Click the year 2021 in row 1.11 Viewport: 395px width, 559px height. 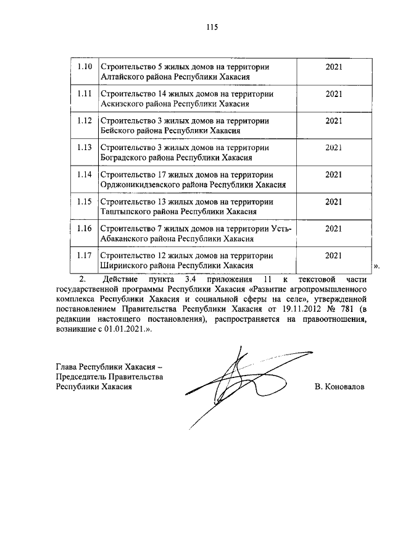coord(333,93)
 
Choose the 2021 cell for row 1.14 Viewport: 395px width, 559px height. coord(333,174)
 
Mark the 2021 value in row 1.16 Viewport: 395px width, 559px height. coord(333,228)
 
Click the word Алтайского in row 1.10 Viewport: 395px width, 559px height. coord(122,77)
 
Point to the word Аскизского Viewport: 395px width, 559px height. coord(122,104)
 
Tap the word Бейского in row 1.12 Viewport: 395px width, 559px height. coord(117,131)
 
